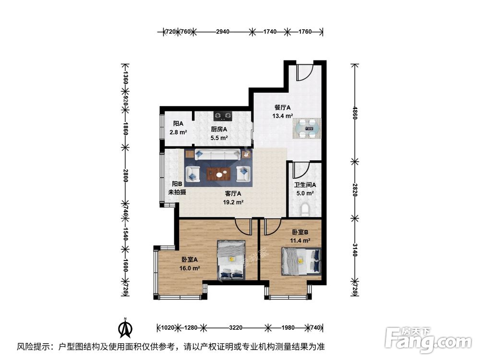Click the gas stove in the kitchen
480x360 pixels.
point(223,115)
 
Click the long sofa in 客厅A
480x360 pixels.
point(218,155)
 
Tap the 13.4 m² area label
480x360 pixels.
point(283,116)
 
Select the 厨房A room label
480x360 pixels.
point(219,129)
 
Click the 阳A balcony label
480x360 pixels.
point(178,123)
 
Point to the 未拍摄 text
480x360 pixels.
point(177,192)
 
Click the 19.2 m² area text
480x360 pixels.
point(233,202)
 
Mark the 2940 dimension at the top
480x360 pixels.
point(222,32)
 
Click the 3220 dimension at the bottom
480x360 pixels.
point(235,328)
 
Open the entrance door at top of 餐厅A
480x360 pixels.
point(304,72)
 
